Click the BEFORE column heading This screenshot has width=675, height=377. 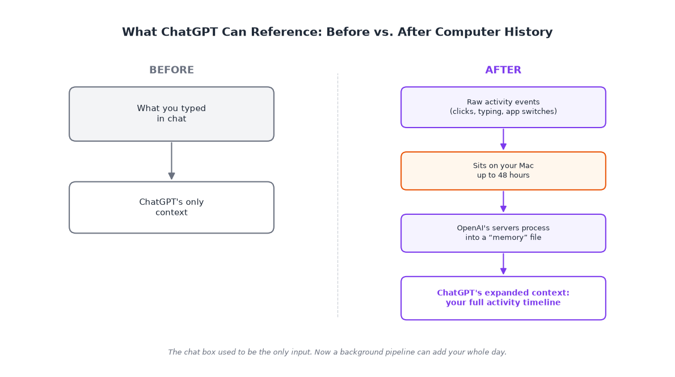point(171,70)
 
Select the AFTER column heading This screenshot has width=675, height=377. point(503,70)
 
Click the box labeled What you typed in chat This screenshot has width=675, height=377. point(171,114)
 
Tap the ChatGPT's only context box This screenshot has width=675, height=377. point(171,207)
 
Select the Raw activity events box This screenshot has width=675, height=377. point(503,107)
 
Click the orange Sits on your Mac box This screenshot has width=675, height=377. point(503,171)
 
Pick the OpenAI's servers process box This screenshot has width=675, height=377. point(503,233)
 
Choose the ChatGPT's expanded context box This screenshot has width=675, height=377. point(503,298)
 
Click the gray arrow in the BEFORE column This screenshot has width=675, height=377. point(171,161)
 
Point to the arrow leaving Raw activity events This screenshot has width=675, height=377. point(503,139)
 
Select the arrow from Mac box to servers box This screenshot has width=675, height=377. point(503,201)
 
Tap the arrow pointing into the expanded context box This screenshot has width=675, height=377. point(503,264)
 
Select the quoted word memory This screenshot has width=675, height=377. point(515,238)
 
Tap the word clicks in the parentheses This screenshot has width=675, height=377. point(464,112)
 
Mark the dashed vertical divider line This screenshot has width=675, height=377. point(338,196)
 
